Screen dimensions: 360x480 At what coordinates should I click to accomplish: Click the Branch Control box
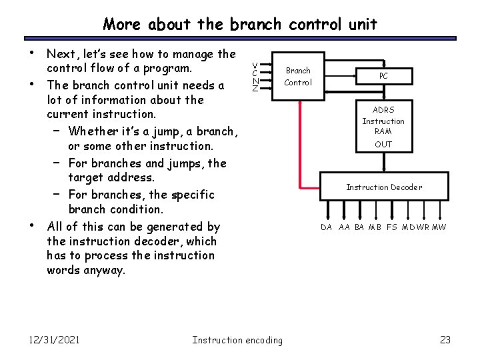297,76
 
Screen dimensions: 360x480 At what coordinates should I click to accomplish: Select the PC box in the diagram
383,76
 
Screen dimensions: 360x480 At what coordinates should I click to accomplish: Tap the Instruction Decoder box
383,187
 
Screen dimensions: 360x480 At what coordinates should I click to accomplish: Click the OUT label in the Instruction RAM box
383,145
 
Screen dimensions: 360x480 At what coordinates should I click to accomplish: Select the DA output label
326,227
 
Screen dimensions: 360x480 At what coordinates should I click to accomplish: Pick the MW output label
439,227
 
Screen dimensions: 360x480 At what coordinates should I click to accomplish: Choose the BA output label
359,227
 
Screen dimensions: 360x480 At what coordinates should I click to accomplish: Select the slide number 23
446,340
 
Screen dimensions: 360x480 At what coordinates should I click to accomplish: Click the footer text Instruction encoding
237,340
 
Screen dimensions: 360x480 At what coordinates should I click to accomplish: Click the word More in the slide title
122,25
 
